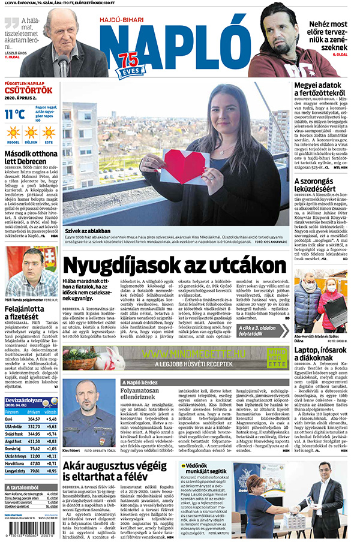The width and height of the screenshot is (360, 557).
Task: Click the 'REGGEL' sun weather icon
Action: coord(13,133)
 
